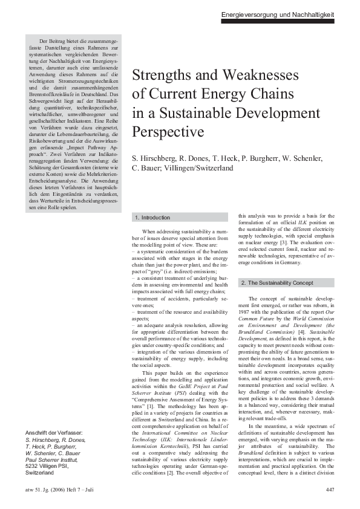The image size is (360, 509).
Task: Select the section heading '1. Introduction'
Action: (x=152, y=218)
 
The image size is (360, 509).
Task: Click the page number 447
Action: (x=330, y=489)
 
